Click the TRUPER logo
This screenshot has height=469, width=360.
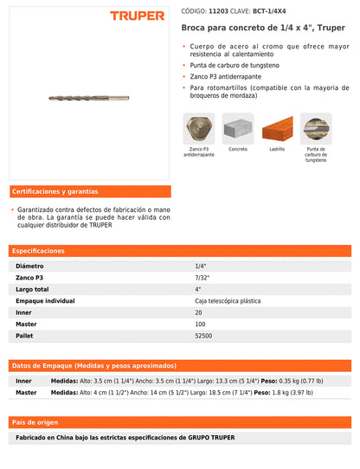tap(137, 16)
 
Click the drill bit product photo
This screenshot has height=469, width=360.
tap(90, 99)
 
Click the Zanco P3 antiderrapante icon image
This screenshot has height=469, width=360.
tap(200, 129)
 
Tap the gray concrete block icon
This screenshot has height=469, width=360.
tap(238, 129)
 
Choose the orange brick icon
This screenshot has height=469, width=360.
tap(277, 129)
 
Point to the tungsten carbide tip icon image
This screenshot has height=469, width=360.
tap(316, 129)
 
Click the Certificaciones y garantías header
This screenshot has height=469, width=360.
tap(55, 191)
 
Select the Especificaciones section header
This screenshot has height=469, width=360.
tap(38, 250)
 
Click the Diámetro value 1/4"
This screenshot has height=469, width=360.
tap(201, 266)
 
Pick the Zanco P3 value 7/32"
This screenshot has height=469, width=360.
tap(202, 277)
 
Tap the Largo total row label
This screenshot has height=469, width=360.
tap(33, 289)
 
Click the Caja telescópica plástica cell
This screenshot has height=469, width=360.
tap(228, 300)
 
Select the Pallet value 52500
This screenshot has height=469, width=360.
tap(204, 335)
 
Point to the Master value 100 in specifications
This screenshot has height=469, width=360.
tap(201, 324)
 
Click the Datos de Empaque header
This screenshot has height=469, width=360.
tap(94, 365)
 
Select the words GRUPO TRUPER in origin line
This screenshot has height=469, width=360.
tap(211, 437)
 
